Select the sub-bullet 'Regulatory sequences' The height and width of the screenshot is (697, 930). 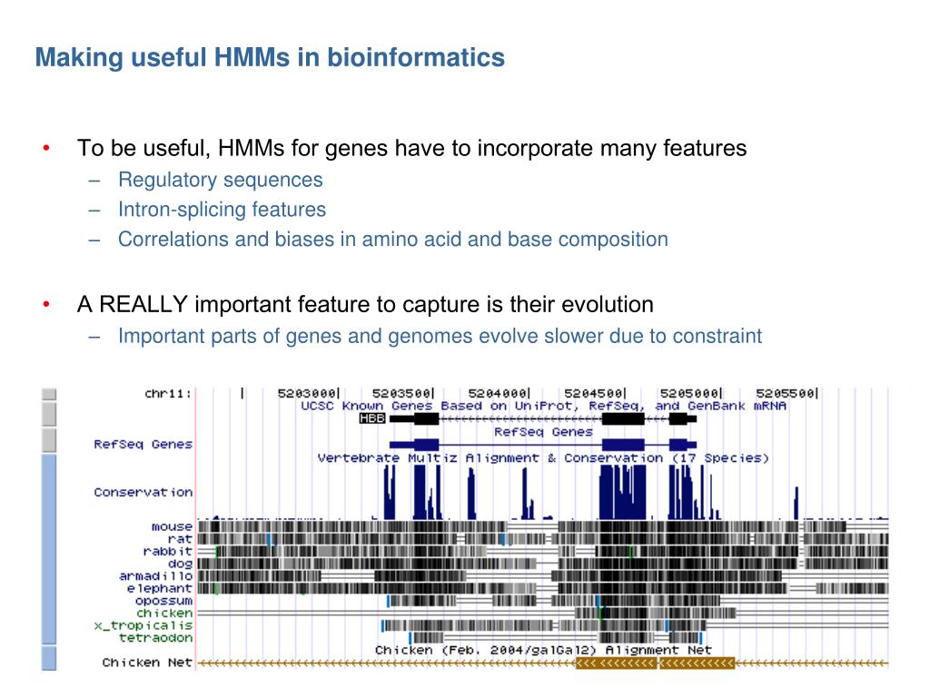pos(220,180)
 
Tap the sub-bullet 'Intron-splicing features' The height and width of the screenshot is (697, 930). pos(222,210)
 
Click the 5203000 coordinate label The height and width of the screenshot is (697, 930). pos(308,393)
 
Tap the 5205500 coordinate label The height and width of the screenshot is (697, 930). pos(787,393)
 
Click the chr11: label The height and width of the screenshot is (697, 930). pos(168,393)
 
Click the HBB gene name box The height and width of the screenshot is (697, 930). pos(372,418)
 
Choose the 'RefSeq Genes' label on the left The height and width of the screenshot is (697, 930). pos(143,444)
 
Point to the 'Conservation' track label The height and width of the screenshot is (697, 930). pos(143,492)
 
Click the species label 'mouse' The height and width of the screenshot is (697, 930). pos(172,526)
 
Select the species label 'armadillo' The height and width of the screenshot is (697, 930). pos(155,575)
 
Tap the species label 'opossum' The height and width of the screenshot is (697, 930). pos(163,600)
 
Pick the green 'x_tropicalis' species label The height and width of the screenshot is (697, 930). pos(143,625)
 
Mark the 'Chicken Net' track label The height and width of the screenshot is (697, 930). pos(147,663)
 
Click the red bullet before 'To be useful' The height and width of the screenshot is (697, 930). pos(45,148)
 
